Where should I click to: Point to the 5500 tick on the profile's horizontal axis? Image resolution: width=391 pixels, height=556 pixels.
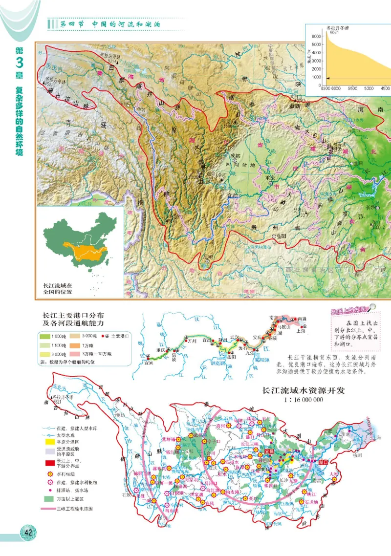(x=352, y=89)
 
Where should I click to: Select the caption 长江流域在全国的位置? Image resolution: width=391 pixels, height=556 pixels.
(x=58, y=288)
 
